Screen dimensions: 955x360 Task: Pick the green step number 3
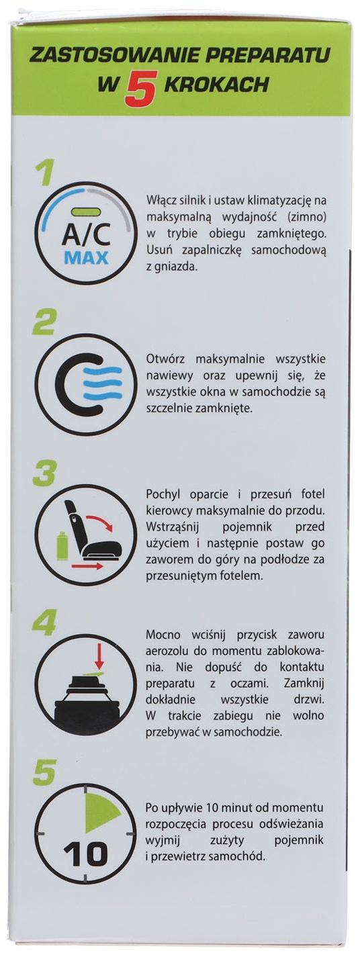click(45, 475)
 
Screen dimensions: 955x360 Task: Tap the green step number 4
click(44, 624)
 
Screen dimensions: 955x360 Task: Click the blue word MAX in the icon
click(85, 259)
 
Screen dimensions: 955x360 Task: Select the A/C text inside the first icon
click(85, 235)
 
